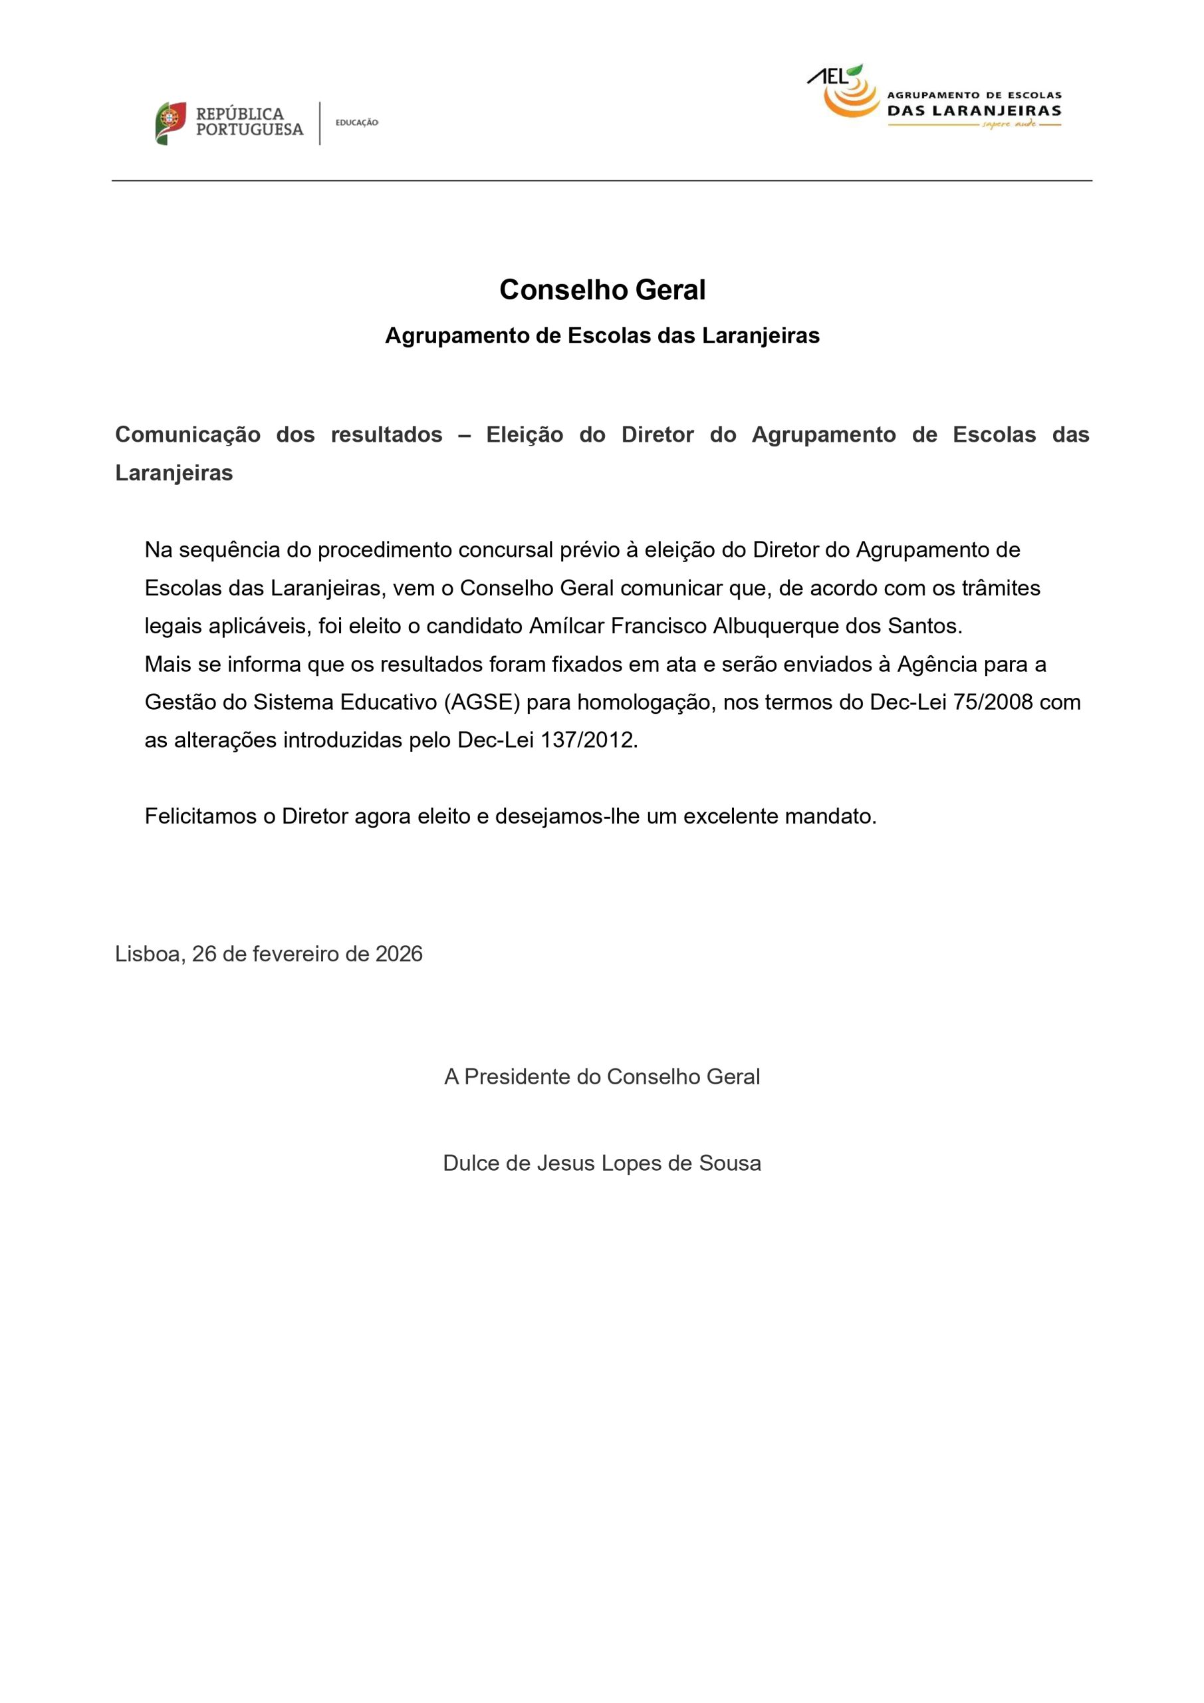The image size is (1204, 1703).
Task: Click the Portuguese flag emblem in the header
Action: point(170,123)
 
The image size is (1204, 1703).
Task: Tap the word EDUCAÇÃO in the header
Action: point(356,122)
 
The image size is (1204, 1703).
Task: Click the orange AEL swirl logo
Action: point(850,96)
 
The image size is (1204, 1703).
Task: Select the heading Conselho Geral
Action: point(602,289)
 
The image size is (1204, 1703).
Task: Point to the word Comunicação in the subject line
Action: point(187,434)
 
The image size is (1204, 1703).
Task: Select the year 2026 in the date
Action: point(399,954)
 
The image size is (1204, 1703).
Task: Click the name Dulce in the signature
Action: point(471,1163)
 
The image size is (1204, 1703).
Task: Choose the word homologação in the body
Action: point(640,702)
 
